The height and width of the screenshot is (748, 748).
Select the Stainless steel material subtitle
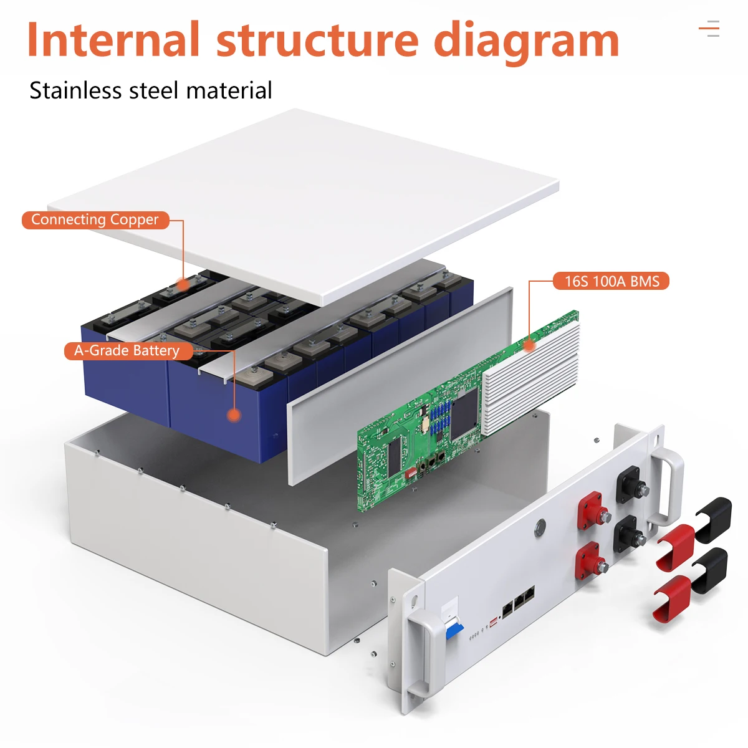click(151, 91)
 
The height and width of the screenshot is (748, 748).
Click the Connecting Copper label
click(95, 220)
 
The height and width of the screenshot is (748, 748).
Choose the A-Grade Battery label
click(127, 351)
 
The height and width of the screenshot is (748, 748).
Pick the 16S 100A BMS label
click(611, 281)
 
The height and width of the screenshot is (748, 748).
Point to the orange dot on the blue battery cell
click(234, 415)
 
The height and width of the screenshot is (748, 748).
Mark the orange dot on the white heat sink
click(529, 345)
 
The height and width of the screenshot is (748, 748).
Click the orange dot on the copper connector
click(183, 284)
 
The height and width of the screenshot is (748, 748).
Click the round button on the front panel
click(540, 527)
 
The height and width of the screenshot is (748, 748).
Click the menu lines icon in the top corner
click(709, 29)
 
